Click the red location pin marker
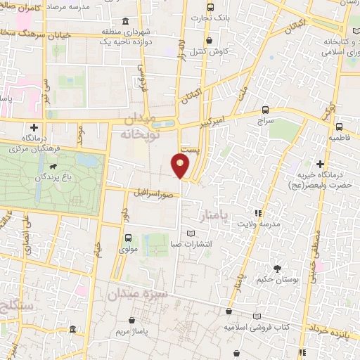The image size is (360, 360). (x=181, y=166)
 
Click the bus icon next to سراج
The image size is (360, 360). (x=264, y=110)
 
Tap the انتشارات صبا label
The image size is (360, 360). (x=190, y=246)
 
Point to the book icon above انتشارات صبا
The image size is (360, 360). (x=189, y=234)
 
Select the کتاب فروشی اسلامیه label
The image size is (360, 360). (x=257, y=328)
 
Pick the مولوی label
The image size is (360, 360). (x=128, y=248)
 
